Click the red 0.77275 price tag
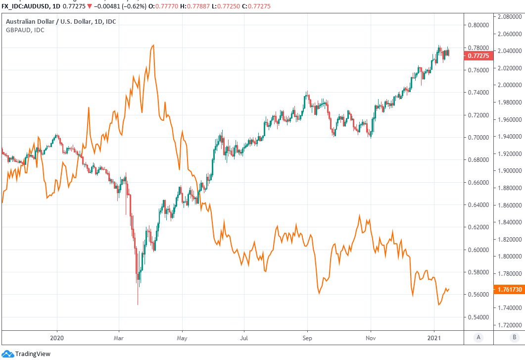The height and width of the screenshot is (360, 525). [x=477, y=56]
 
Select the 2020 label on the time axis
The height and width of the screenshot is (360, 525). [x=57, y=338]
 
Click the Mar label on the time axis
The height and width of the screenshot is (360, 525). [x=119, y=338]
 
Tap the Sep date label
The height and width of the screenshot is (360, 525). [x=307, y=338]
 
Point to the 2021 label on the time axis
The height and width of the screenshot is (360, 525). [x=434, y=338]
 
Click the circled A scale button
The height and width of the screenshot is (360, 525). [x=478, y=338]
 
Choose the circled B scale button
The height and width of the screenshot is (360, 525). [x=515, y=338]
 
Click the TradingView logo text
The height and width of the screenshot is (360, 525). [x=33, y=354]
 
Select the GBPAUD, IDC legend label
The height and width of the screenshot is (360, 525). [x=25, y=30]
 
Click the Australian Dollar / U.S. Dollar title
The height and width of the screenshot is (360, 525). [x=61, y=22]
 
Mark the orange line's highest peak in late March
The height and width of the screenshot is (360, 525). [x=153, y=45]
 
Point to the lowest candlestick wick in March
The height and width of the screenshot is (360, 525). [x=138, y=305]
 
